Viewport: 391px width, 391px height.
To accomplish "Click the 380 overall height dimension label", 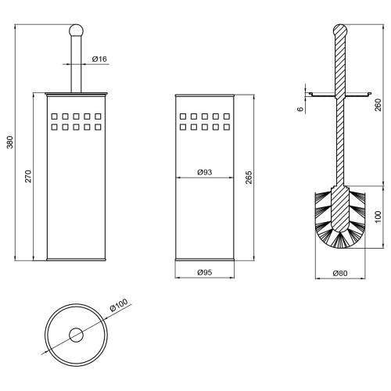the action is point(10,142).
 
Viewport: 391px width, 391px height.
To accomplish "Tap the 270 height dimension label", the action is point(28,176).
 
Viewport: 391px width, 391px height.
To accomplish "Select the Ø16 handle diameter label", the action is point(99,59).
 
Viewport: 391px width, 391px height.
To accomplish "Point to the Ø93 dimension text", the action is point(205,172).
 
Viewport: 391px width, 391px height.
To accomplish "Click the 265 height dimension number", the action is point(249,178).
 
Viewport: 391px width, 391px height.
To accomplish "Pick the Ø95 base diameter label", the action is point(205,272).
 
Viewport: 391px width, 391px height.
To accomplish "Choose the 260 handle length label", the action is point(378,105).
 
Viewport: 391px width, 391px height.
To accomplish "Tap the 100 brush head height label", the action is point(378,217).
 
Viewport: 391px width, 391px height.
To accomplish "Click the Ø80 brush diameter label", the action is point(340,273).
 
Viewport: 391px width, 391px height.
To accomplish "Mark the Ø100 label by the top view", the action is point(119,305).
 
